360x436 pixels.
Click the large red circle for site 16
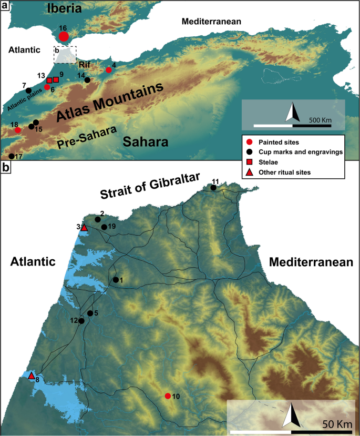point(64,36)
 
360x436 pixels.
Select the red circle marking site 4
point(109,70)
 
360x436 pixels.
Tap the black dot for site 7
point(29,90)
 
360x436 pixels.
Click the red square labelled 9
point(56,79)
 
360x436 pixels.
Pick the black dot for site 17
point(12,156)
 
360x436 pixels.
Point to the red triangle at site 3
point(84,227)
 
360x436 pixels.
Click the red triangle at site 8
point(32,376)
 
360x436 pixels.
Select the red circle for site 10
point(168,396)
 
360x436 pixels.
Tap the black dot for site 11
point(213,188)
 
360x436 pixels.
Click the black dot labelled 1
point(115,280)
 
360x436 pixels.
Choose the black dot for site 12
point(81,321)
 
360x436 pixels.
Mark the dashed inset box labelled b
point(65,55)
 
